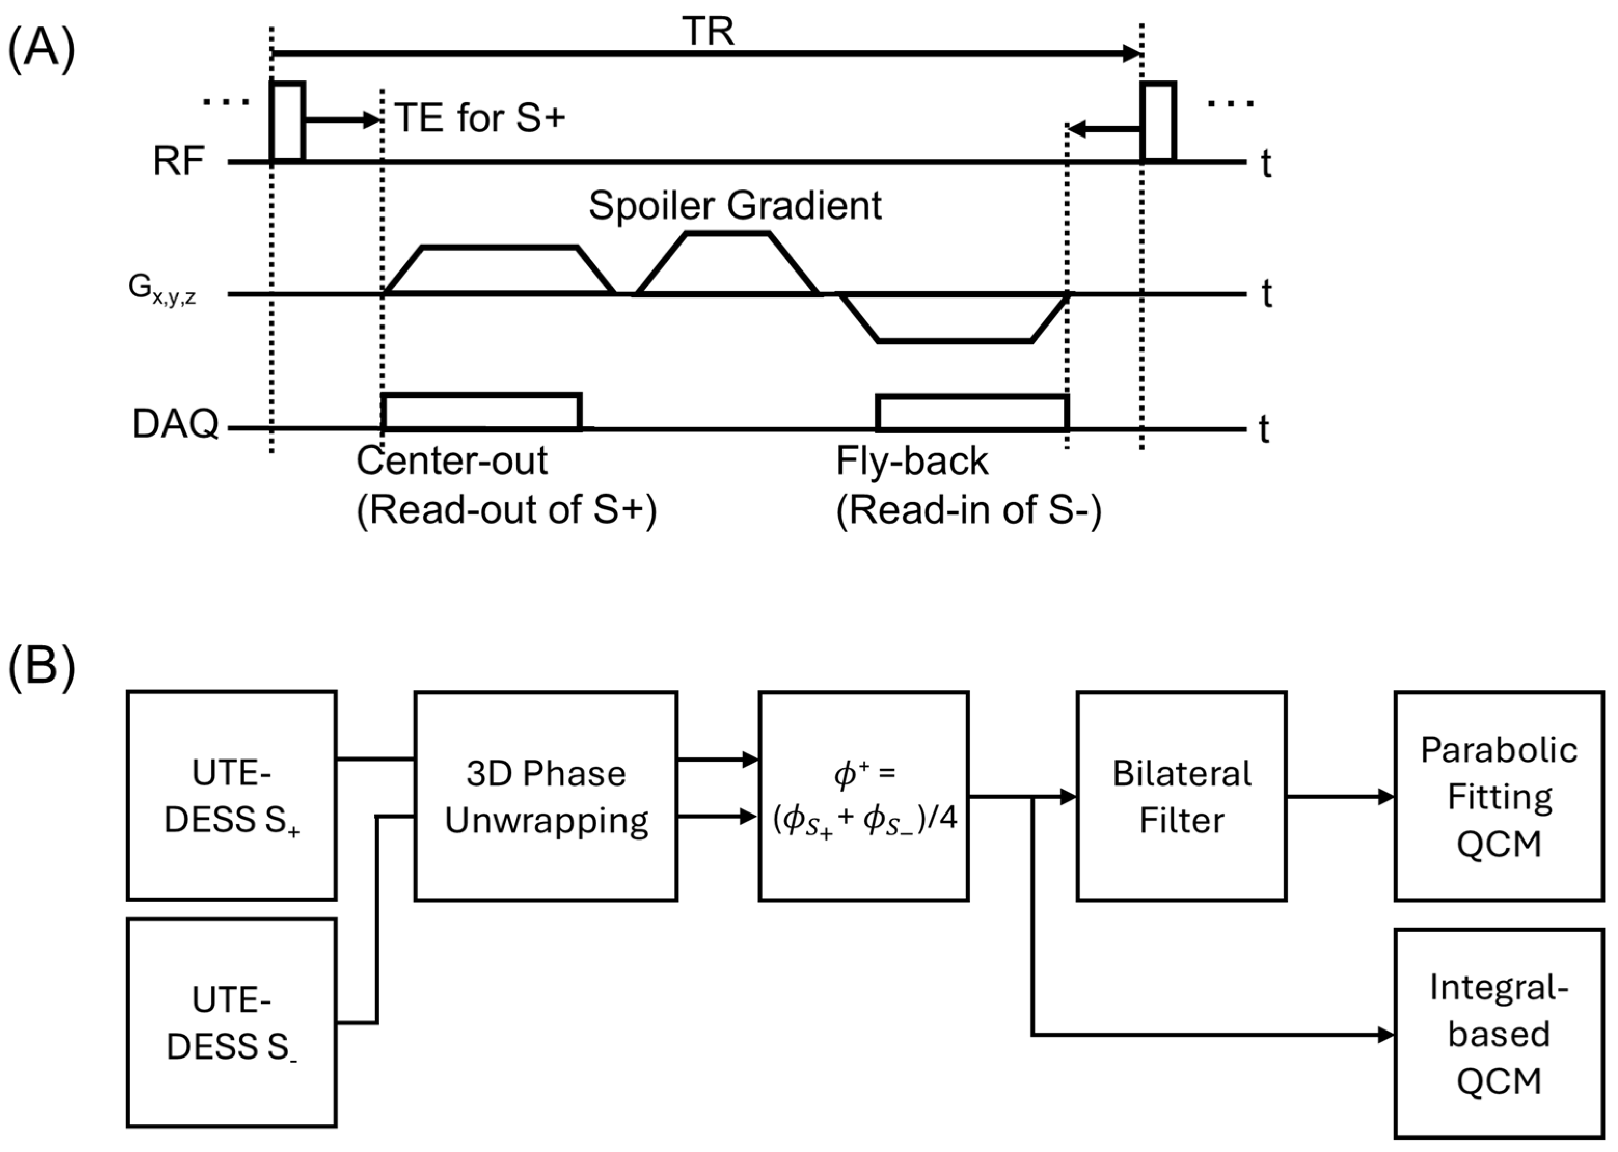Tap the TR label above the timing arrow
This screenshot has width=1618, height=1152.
[x=708, y=32]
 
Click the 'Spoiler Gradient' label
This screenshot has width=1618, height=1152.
[x=735, y=206]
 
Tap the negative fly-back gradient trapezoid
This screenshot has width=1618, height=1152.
[x=954, y=341]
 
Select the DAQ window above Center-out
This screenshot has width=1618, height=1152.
[x=482, y=395]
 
